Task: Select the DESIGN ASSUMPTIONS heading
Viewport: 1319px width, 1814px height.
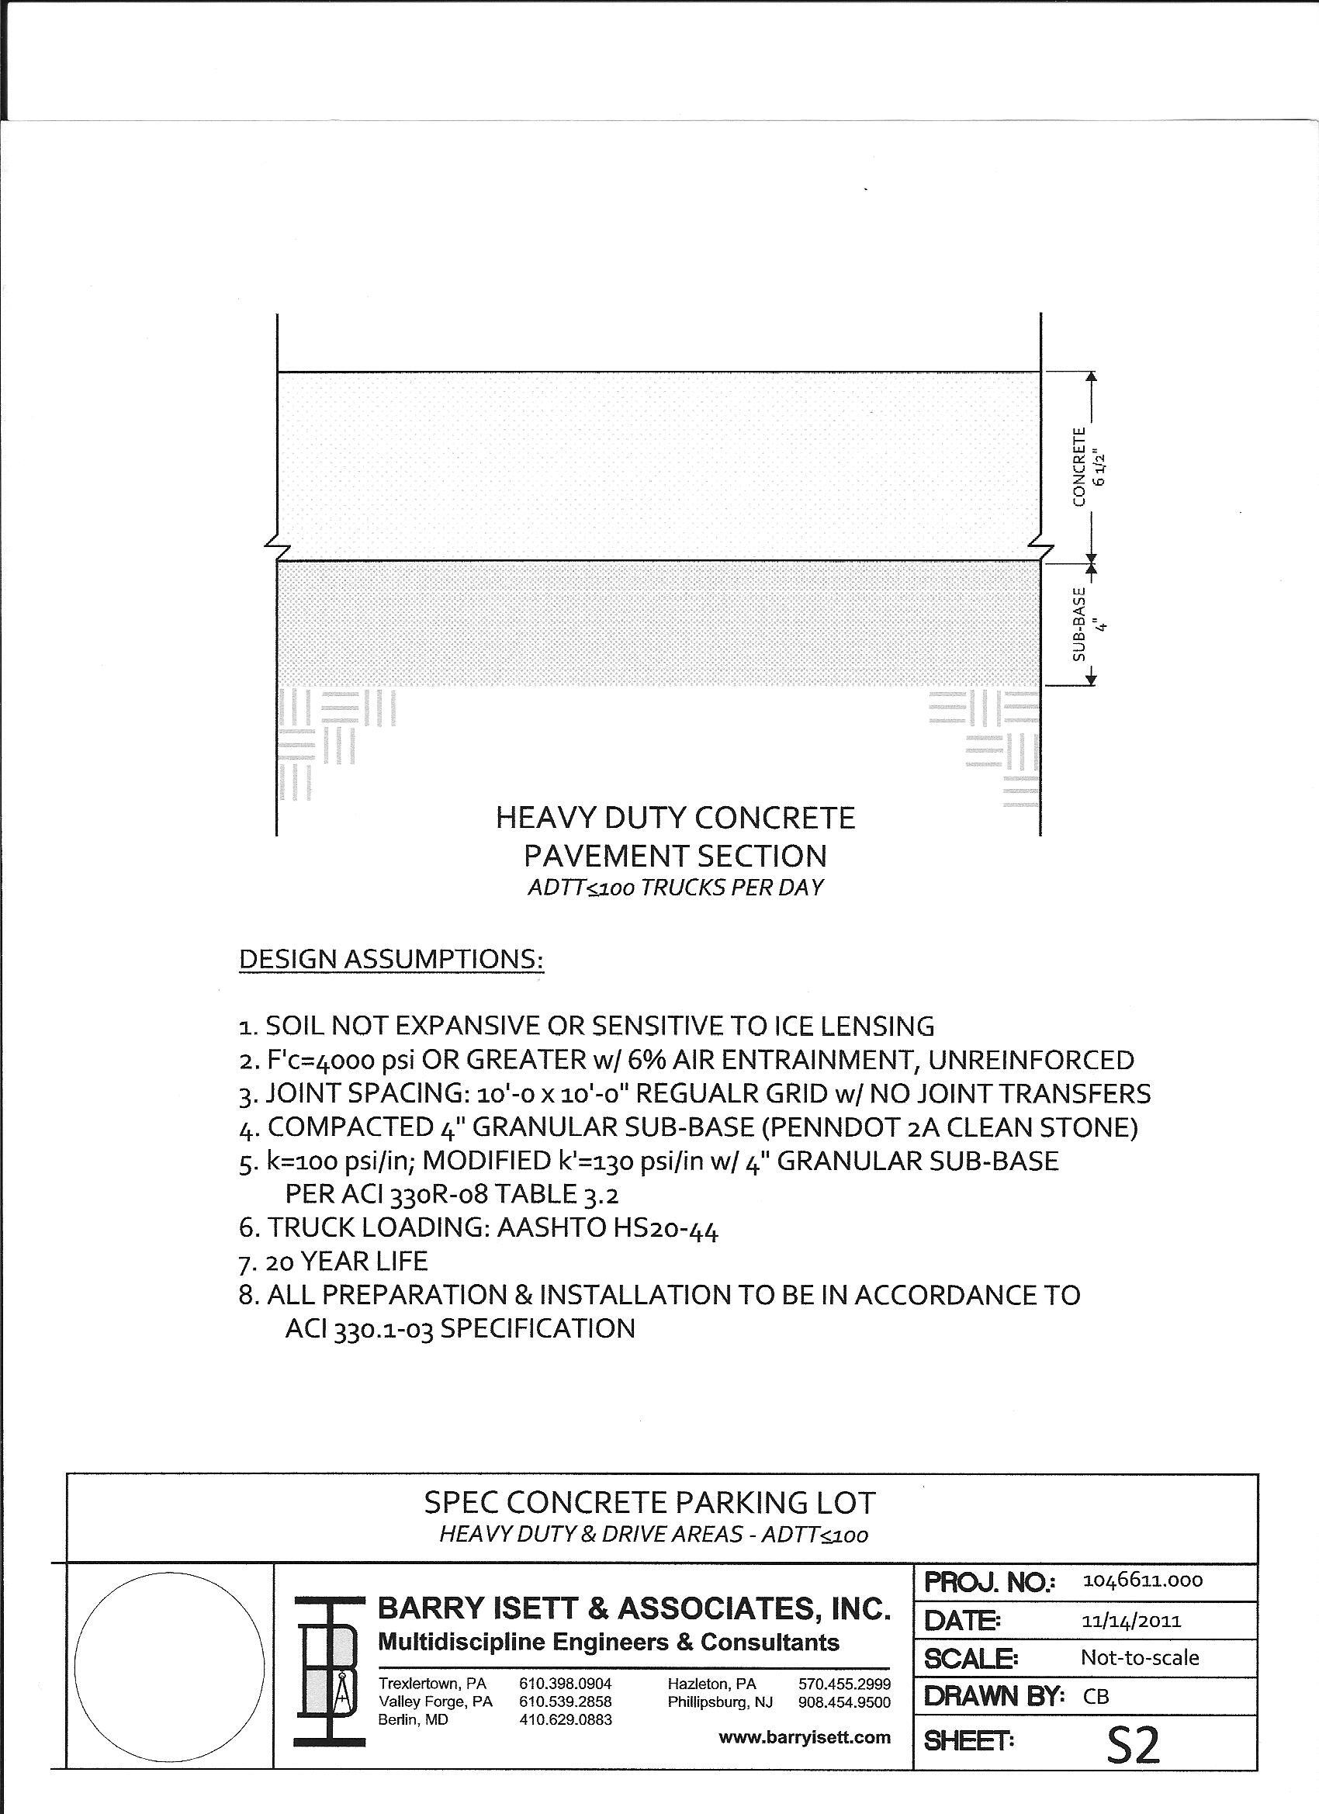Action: point(391,959)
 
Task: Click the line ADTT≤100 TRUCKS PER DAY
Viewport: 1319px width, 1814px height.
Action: point(675,888)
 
